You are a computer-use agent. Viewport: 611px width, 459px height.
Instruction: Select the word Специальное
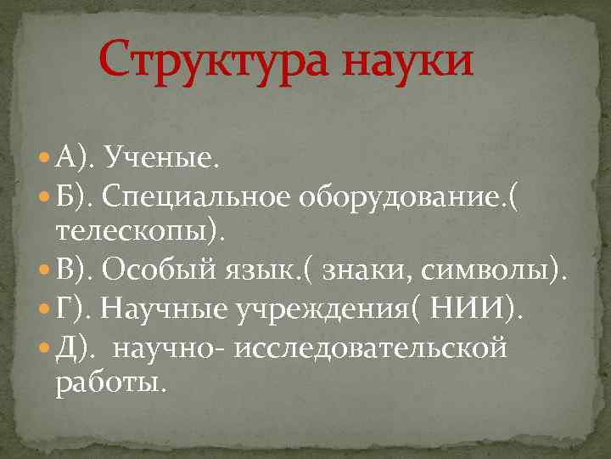coord(197,197)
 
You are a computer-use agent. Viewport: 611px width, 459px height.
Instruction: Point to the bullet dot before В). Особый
coord(44,271)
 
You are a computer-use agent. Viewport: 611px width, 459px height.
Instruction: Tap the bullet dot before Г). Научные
coord(44,311)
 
